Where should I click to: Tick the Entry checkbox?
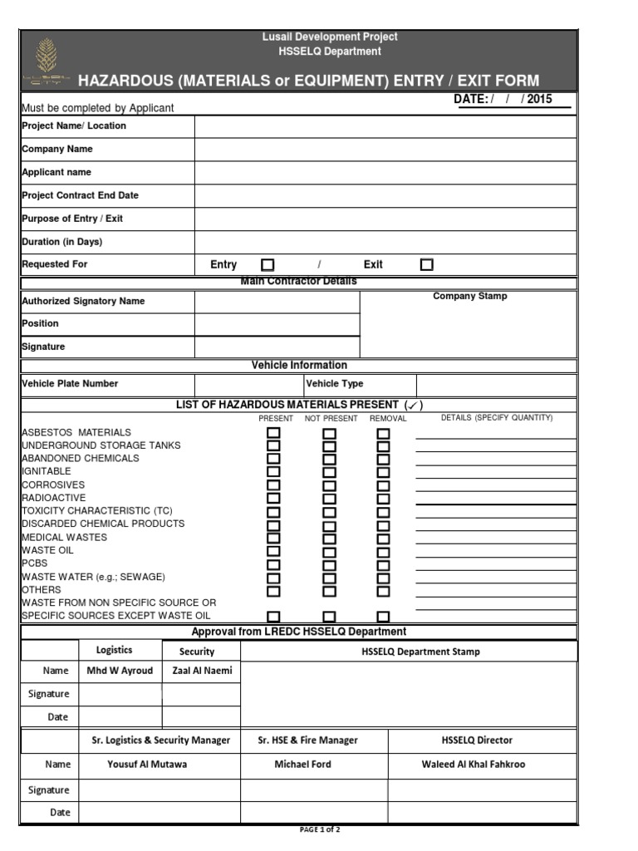click(267, 265)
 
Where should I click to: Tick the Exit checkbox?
click(427, 265)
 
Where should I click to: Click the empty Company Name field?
click(385, 150)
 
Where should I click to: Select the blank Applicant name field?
click(385, 173)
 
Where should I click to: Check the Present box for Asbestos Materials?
click(273, 433)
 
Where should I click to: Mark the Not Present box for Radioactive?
click(330, 499)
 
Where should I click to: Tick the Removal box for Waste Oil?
click(383, 551)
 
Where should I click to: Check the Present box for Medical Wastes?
click(273, 538)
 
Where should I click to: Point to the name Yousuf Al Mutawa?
click(148, 765)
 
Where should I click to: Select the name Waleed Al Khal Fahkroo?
click(474, 765)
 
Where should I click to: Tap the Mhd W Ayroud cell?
click(120, 671)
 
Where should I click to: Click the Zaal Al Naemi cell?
click(200, 671)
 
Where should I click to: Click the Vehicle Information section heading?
click(299, 366)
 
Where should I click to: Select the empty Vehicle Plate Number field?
click(248, 385)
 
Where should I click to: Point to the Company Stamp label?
click(469, 297)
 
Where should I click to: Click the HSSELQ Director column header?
click(477, 740)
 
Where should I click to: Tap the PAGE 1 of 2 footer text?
click(319, 830)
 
